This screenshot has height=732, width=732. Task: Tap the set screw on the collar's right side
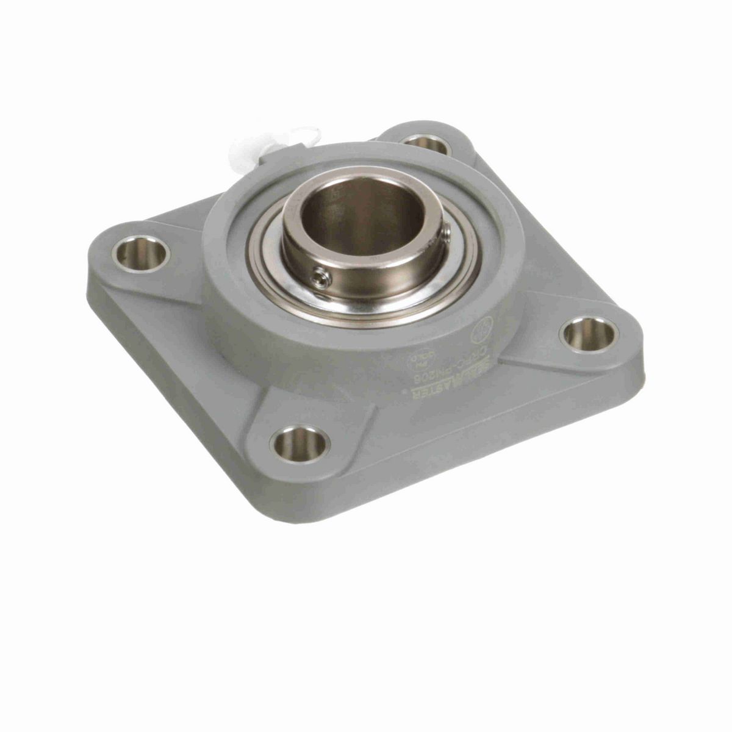[447, 231]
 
